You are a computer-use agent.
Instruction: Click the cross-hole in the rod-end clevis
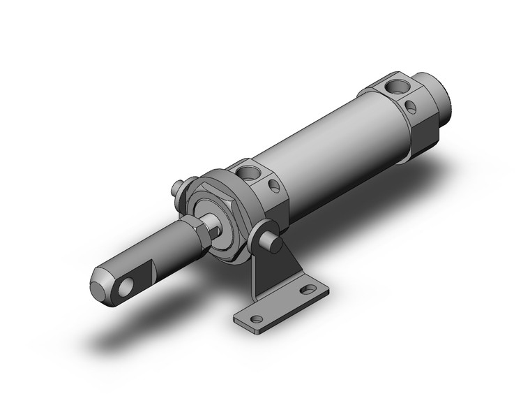pos(128,286)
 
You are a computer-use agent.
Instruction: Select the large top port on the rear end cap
pos(395,87)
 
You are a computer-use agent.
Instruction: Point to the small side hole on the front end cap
pos(273,187)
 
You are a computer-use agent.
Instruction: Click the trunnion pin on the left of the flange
pos(178,187)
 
